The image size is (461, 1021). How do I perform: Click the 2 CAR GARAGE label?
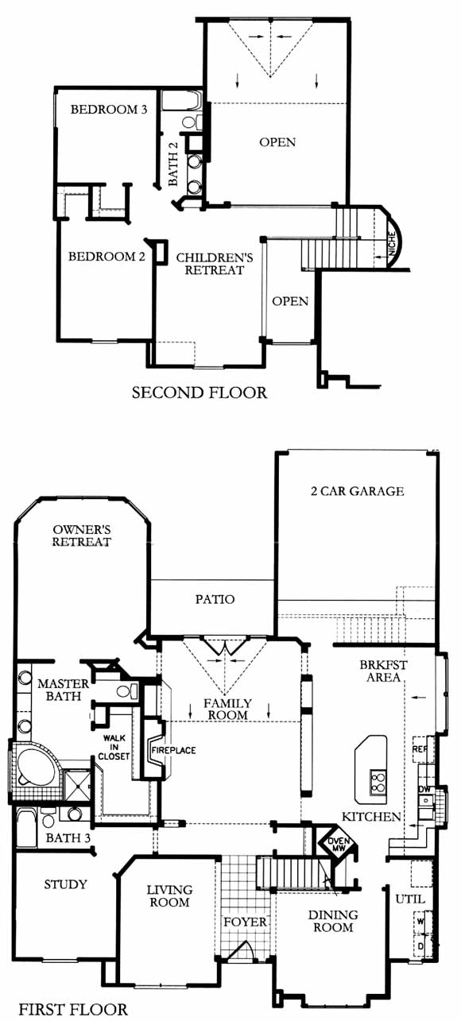click(357, 491)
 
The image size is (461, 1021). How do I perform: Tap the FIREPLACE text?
click(173, 750)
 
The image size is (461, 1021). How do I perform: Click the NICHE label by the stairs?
click(391, 244)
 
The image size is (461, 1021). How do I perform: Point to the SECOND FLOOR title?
click(200, 393)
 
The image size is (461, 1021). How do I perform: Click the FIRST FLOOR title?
click(73, 1009)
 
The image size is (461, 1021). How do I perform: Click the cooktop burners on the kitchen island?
click(378, 782)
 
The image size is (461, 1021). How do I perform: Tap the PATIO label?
click(215, 599)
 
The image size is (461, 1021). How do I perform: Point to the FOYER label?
click(246, 922)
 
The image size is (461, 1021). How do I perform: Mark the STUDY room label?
click(65, 884)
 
